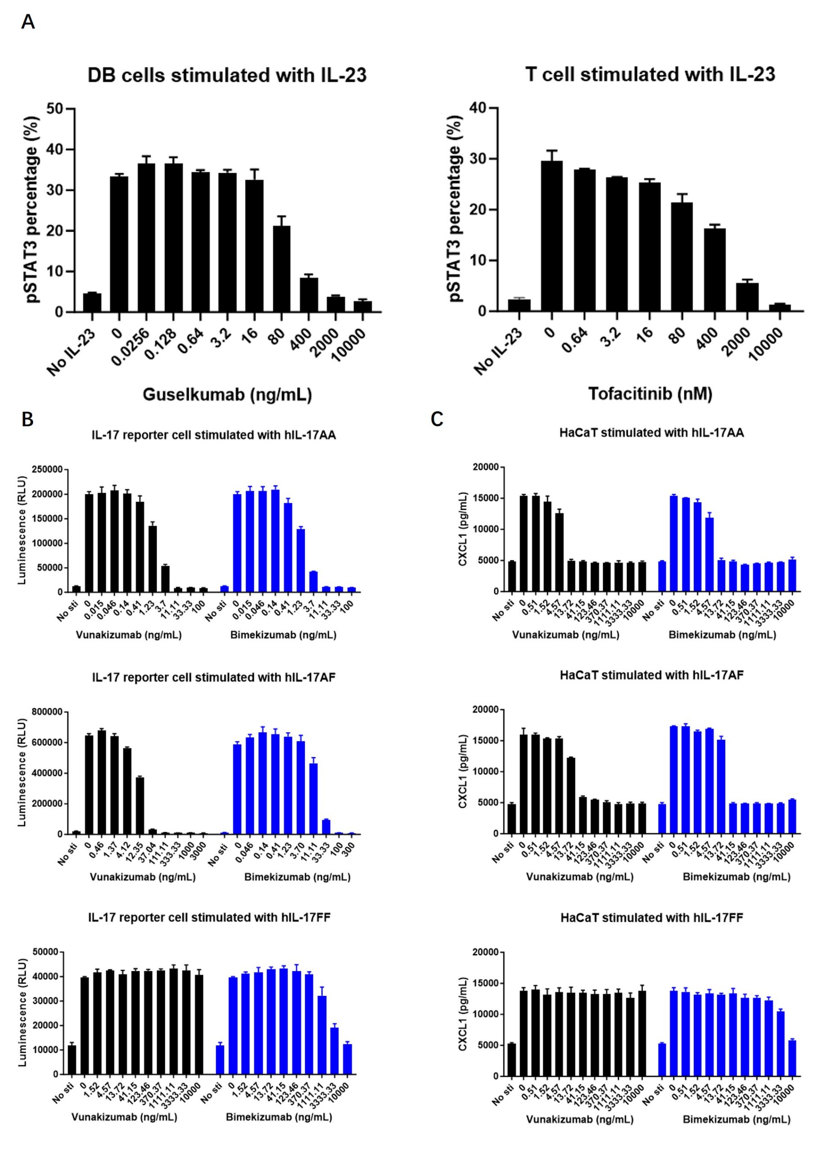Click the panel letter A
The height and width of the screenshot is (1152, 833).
[x=28, y=22]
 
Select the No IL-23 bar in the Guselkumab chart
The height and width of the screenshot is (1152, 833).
[x=92, y=303]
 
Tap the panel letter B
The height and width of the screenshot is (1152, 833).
[x=27, y=419]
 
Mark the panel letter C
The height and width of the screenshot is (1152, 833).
[x=437, y=419]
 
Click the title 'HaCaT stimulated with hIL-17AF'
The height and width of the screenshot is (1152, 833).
[x=652, y=675]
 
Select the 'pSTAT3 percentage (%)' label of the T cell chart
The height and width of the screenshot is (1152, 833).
[x=456, y=208]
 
